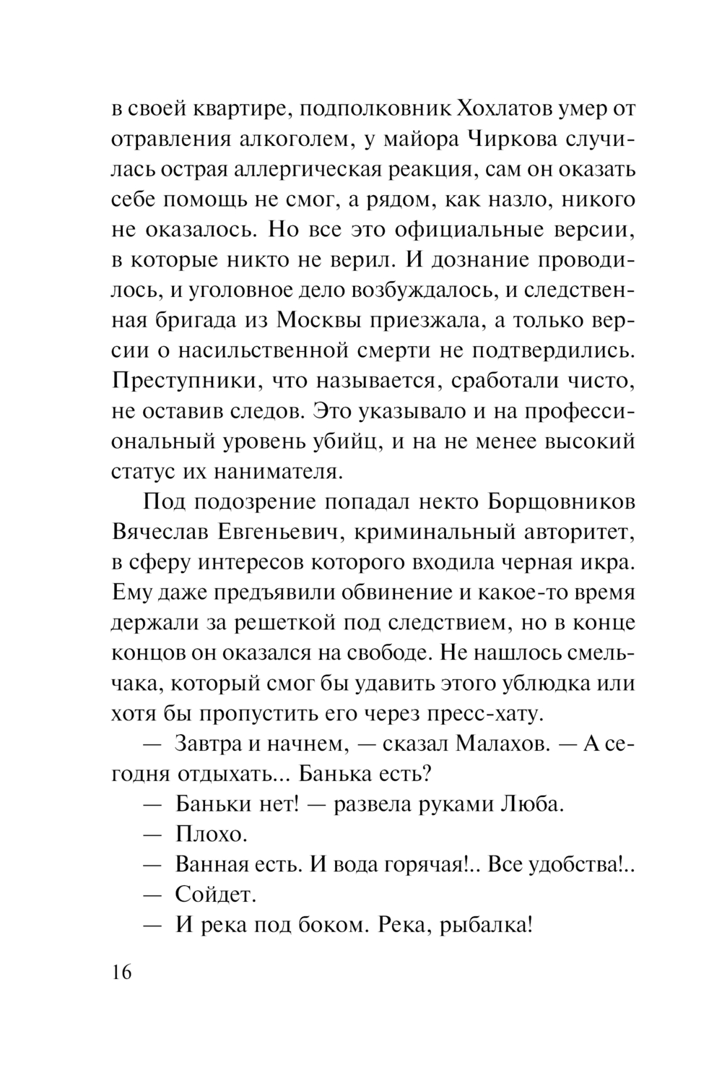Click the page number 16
click(x=121, y=973)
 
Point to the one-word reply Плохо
click(x=211, y=835)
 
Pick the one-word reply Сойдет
click(x=215, y=895)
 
